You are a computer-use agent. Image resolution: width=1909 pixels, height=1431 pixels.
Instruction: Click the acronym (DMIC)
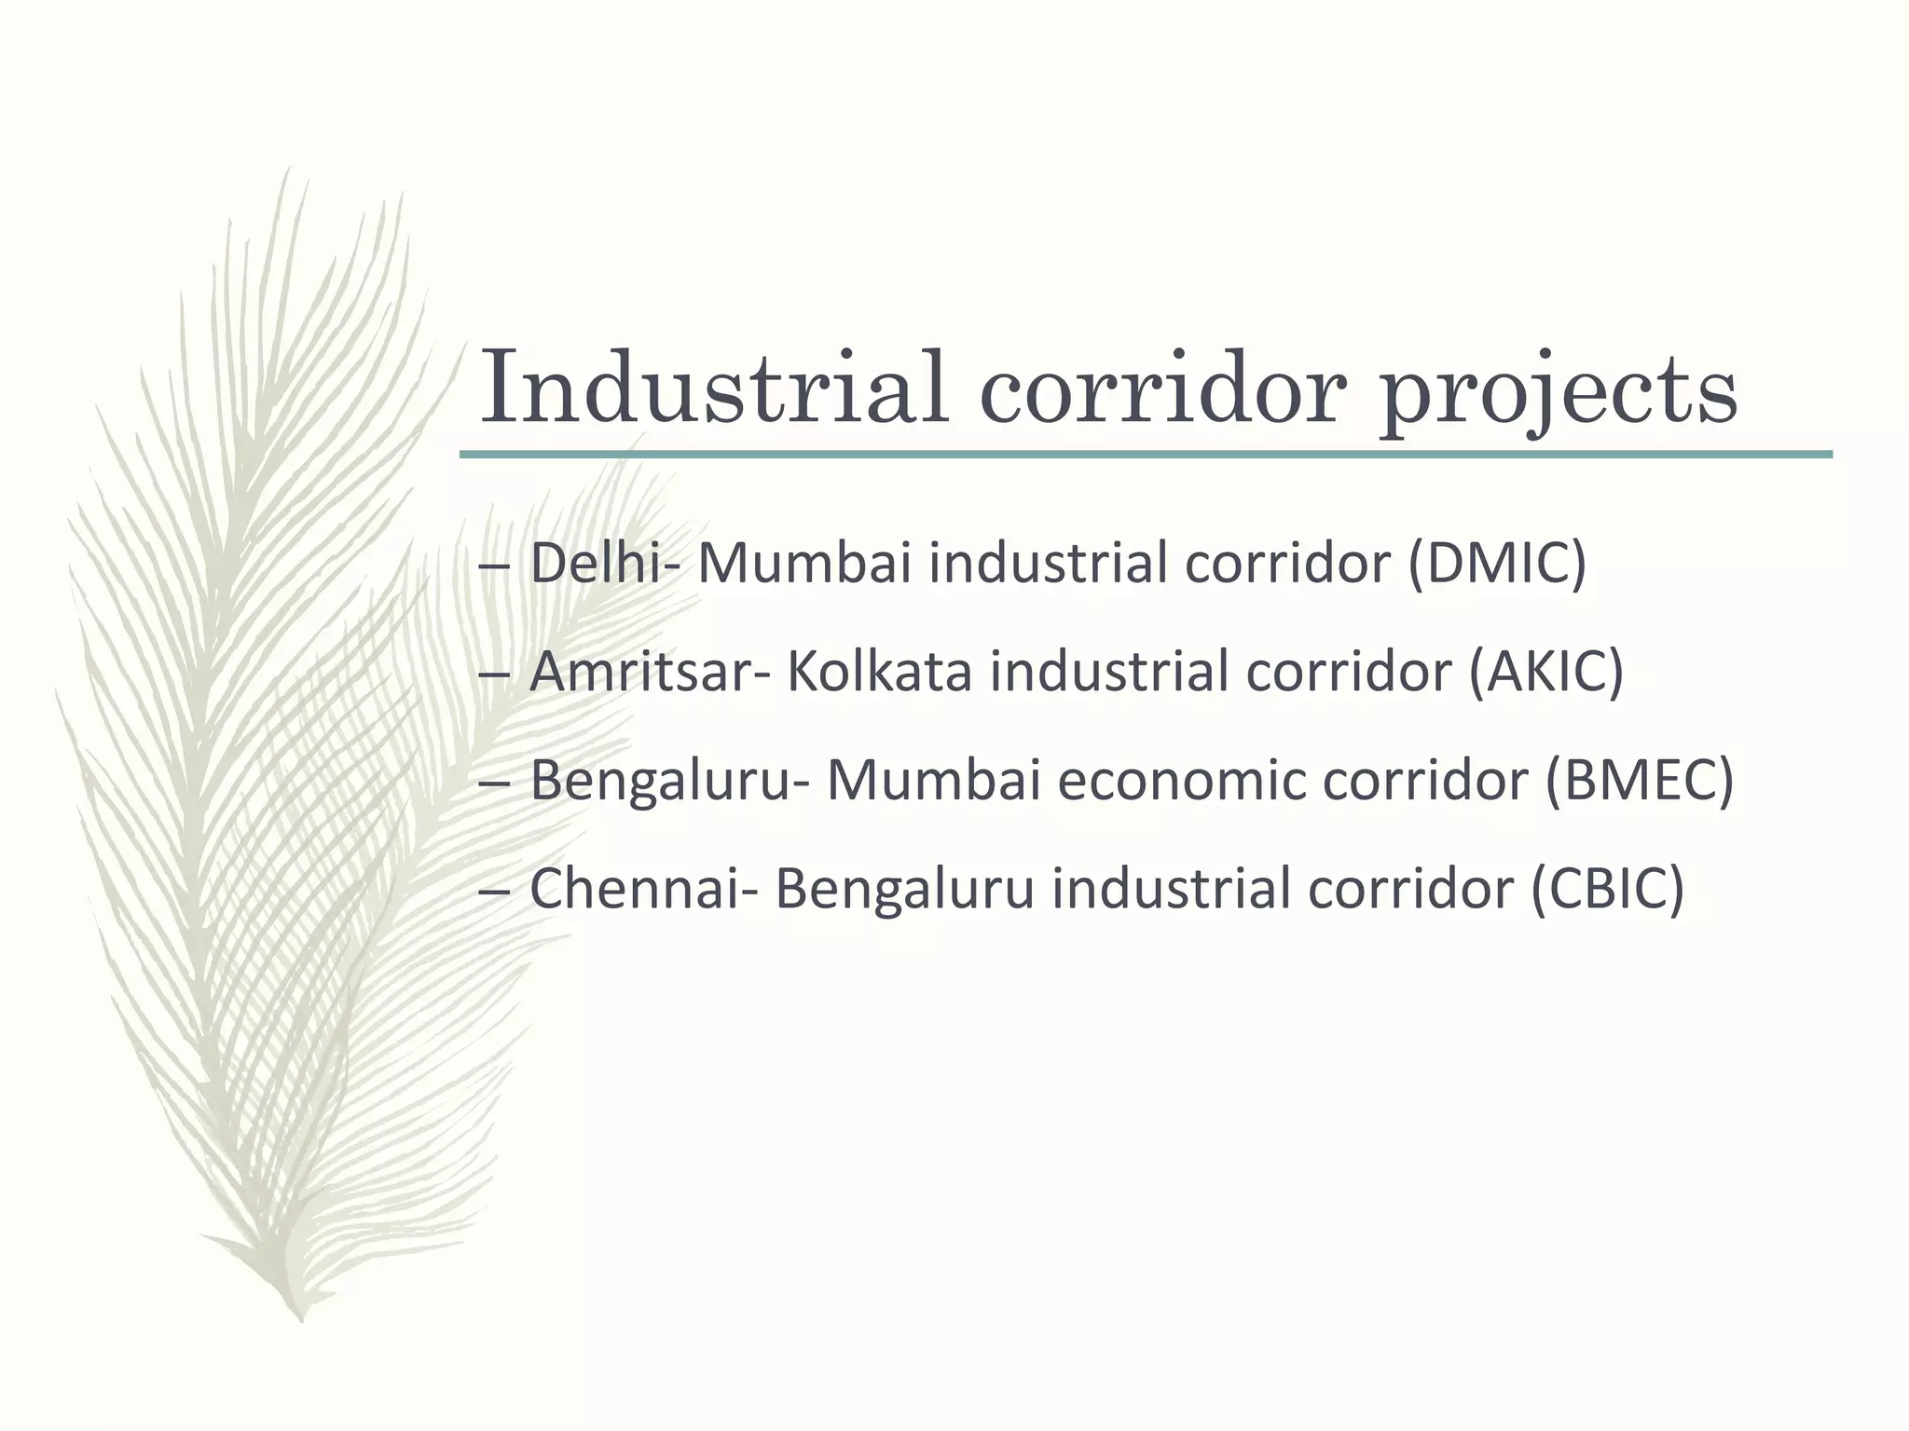point(1496,565)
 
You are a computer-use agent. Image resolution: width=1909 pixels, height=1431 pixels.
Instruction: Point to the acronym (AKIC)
point(1546,673)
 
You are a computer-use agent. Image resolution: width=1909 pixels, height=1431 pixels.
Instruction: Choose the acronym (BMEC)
point(1640,781)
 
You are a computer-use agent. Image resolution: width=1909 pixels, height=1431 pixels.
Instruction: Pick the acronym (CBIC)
point(1608,889)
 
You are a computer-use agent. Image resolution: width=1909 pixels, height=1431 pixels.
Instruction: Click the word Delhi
point(597,565)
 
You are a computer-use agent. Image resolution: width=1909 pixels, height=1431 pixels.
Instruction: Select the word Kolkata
point(879,673)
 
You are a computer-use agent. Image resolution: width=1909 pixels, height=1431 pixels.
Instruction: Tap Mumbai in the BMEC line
point(933,781)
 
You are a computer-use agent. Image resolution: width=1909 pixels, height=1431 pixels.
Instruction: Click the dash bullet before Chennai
point(492,893)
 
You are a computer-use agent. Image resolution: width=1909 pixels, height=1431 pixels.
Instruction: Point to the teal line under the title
point(1146,455)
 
